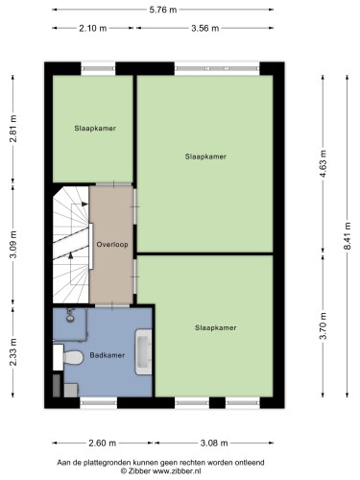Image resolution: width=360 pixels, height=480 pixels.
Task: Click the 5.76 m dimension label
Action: (x=163, y=10)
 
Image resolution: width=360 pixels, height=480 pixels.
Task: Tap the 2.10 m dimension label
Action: (x=93, y=29)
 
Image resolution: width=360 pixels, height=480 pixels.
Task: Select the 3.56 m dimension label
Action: (x=205, y=29)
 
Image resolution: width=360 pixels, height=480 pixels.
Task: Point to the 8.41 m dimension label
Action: (x=348, y=236)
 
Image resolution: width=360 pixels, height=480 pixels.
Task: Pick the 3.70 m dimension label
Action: (x=324, y=325)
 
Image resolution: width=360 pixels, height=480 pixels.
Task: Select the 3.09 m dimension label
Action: (x=13, y=244)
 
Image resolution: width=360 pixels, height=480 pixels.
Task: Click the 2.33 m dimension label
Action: (x=13, y=352)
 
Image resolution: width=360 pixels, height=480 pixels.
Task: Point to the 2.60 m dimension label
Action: (x=102, y=444)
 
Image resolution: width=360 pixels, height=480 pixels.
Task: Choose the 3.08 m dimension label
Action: (x=214, y=444)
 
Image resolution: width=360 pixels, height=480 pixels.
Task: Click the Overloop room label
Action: (x=112, y=245)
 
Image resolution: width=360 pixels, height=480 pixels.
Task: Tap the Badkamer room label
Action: (x=108, y=355)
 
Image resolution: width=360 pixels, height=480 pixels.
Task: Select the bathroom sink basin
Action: (x=144, y=352)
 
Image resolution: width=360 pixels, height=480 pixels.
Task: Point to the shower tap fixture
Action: (x=70, y=315)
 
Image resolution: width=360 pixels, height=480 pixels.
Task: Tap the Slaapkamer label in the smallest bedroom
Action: (x=95, y=129)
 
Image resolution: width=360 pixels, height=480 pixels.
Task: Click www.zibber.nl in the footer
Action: (x=177, y=471)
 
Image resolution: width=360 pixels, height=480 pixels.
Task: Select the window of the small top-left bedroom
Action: (x=98, y=68)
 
